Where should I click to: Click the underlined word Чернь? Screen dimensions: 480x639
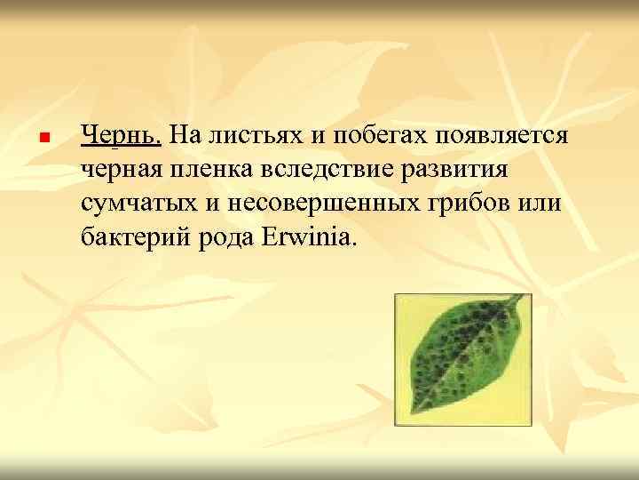pos(121,136)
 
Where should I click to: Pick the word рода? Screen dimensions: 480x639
pos(226,237)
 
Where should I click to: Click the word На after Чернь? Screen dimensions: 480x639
pos(183,136)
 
